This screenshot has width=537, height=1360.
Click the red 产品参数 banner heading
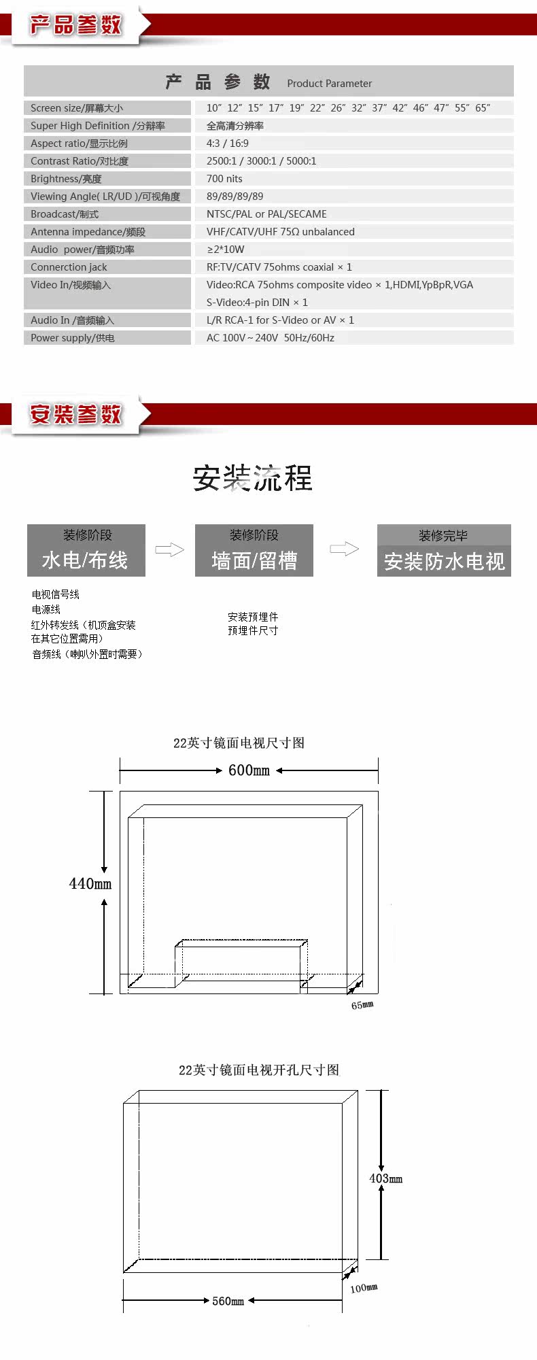point(75,26)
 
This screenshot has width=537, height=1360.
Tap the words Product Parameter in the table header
point(329,84)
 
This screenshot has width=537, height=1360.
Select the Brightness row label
point(66,179)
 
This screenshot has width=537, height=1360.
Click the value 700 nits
point(224,179)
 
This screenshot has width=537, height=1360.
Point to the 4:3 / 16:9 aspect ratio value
point(228,143)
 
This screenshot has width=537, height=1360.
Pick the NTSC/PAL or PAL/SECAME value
point(266,214)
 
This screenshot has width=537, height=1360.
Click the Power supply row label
point(73,338)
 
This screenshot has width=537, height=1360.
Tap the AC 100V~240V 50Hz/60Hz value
point(271,338)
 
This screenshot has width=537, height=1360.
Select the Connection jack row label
point(69,267)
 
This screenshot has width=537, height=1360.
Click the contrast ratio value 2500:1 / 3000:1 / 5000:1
point(262,161)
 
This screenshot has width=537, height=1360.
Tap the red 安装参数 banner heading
point(75,414)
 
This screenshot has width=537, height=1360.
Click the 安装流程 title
point(252,479)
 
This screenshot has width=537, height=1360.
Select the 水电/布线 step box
point(86,550)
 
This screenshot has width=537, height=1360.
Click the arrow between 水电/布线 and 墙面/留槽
point(170,549)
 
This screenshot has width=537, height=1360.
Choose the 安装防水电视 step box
point(444,551)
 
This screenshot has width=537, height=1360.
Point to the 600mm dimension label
point(249,770)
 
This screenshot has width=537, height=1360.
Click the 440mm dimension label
point(90,884)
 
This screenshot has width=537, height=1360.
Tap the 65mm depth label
point(362,1005)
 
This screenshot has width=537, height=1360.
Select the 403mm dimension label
point(385,1178)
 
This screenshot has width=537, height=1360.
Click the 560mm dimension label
point(228,1301)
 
